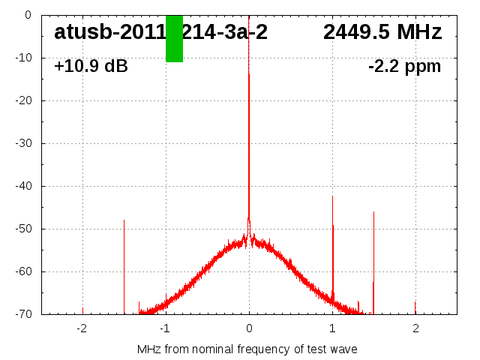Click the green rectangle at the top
point(174,38)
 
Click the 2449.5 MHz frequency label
point(382,32)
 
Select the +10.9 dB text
point(91,66)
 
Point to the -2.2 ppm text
point(404,66)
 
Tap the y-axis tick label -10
point(23,58)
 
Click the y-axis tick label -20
point(23,100)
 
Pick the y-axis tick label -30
point(23,143)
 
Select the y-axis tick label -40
point(23,186)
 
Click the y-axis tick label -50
point(23,229)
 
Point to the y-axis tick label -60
point(23,271)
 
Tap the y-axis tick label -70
point(23,314)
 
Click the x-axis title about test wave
point(247,349)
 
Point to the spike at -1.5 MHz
point(124,262)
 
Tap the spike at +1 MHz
point(332,247)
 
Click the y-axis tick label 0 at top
point(28,15)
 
